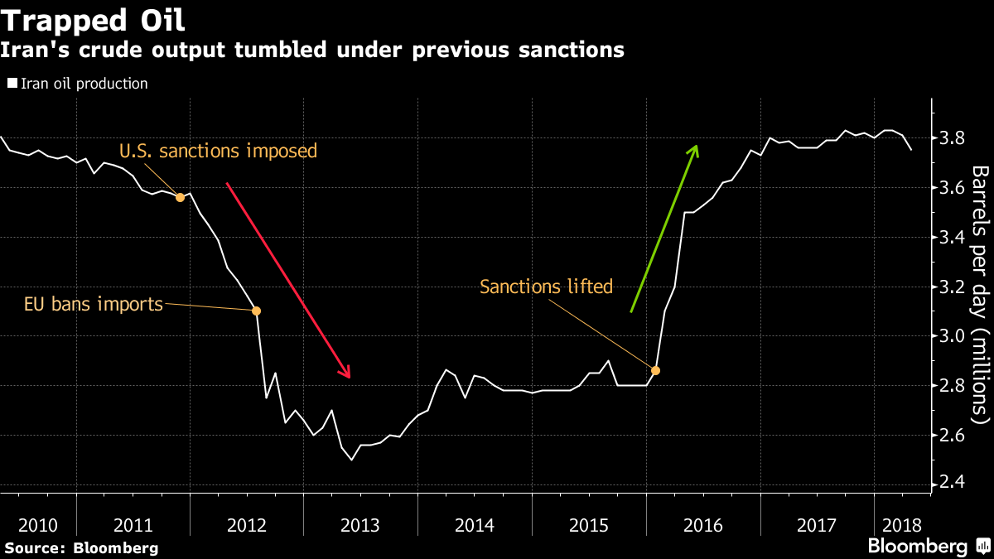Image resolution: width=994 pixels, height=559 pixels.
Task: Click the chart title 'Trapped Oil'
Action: (92, 21)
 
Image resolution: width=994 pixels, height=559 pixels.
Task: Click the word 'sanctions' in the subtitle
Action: (572, 50)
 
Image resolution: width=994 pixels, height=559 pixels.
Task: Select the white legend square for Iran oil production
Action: (12, 83)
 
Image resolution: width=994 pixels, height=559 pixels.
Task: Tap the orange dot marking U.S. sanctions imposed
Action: (181, 197)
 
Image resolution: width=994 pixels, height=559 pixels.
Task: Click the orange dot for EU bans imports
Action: (256, 311)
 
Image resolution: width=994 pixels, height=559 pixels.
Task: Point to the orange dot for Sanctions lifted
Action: (655, 370)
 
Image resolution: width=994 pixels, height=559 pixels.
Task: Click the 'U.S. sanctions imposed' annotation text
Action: (219, 151)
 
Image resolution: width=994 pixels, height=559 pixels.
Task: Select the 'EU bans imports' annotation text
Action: (94, 305)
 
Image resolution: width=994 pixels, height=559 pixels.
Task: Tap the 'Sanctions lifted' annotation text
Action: (546, 287)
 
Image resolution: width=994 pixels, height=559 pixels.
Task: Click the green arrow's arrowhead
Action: (694, 151)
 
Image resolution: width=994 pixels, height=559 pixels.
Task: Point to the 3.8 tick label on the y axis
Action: (953, 138)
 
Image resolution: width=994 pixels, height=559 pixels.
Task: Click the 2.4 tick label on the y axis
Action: (953, 482)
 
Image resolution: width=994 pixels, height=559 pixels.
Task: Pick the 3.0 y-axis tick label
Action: (953, 336)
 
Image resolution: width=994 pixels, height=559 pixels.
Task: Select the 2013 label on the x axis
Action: (360, 526)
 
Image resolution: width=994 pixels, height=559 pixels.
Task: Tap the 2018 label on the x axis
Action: (902, 526)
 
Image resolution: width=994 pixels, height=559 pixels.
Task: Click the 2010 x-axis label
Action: (38, 526)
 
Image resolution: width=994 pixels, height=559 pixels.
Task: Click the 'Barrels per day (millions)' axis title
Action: (981, 295)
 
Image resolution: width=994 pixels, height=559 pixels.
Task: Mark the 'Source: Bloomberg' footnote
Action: (81, 548)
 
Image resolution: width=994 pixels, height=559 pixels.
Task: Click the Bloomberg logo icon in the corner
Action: (983, 546)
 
